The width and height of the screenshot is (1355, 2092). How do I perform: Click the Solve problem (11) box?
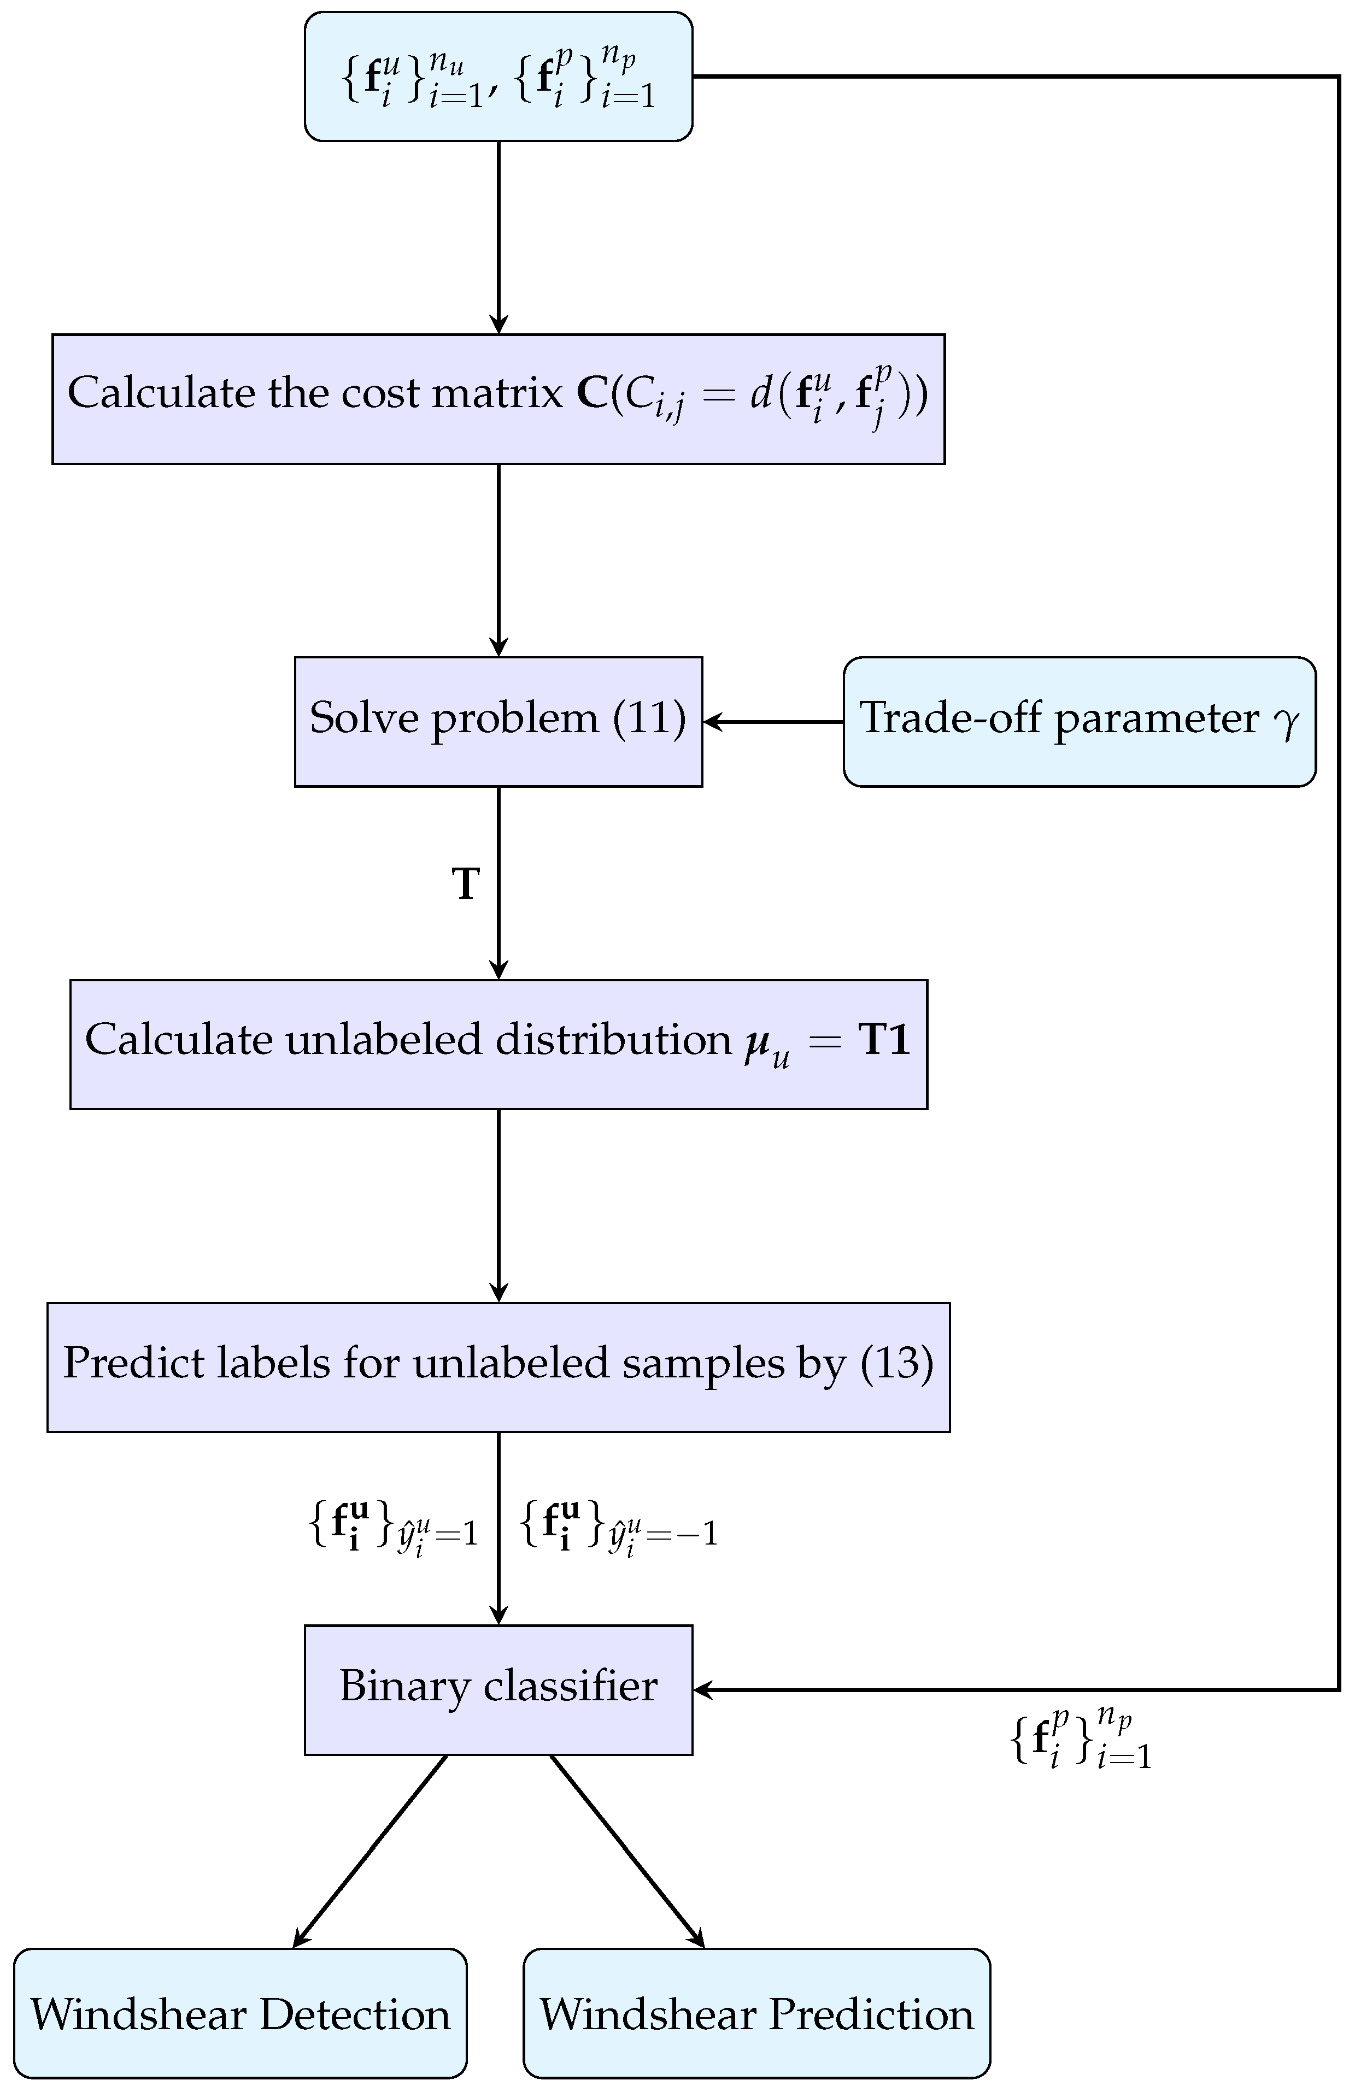pos(498,721)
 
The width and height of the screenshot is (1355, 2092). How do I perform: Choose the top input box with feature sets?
pos(498,76)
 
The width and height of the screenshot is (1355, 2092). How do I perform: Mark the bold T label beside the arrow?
pos(465,883)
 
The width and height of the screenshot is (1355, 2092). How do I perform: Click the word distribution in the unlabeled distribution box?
pos(612,1040)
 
